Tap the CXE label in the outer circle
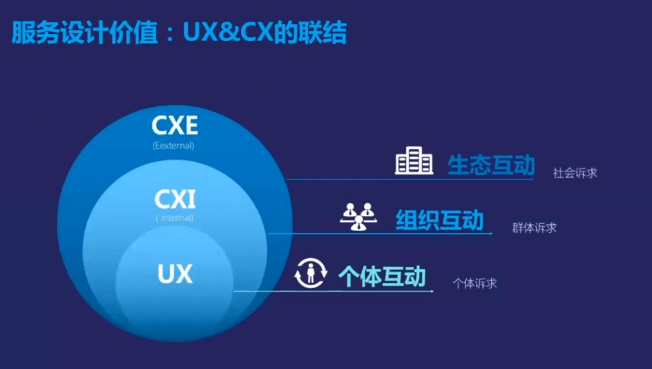click(x=174, y=126)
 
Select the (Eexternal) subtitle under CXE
click(x=174, y=145)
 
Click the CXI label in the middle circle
click(x=174, y=199)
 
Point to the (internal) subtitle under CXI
click(x=174, y=218)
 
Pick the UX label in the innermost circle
click(x=174, y=274)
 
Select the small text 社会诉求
click(x=575, y=173)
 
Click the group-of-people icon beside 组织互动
click(x=358, y=217)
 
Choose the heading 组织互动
click(x=439, y=220)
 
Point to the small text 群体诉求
click(x=534, y=228)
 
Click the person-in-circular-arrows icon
click(x=310, y=274)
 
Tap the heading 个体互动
click(x=382, y=277)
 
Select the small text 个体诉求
click(x=475, y=283)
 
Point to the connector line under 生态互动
click(x=411, y=179)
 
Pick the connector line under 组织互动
click(x=380, y=233)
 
